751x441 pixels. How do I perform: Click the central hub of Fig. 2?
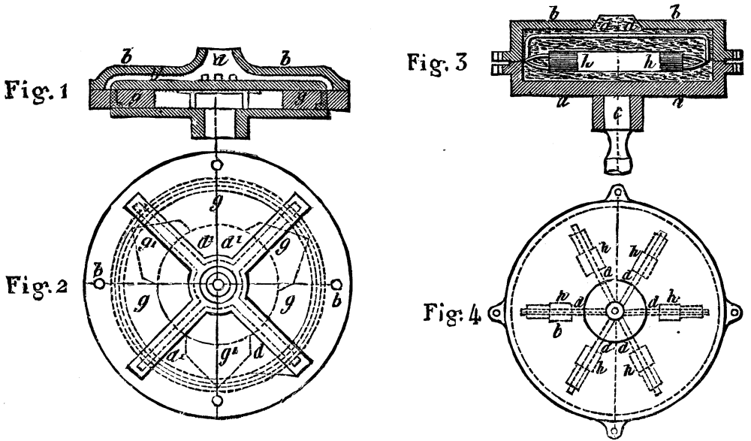pos(217,285)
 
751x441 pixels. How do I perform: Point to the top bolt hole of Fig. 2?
pos(217,165)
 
